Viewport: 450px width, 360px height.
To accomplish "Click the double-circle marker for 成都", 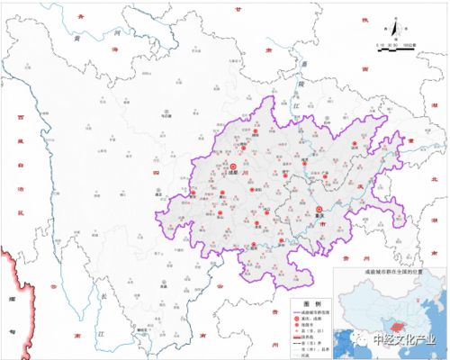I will (234, 166).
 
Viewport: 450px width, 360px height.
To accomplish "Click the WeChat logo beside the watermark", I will (360, 341).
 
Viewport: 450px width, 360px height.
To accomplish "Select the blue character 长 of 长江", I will (103, 296).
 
